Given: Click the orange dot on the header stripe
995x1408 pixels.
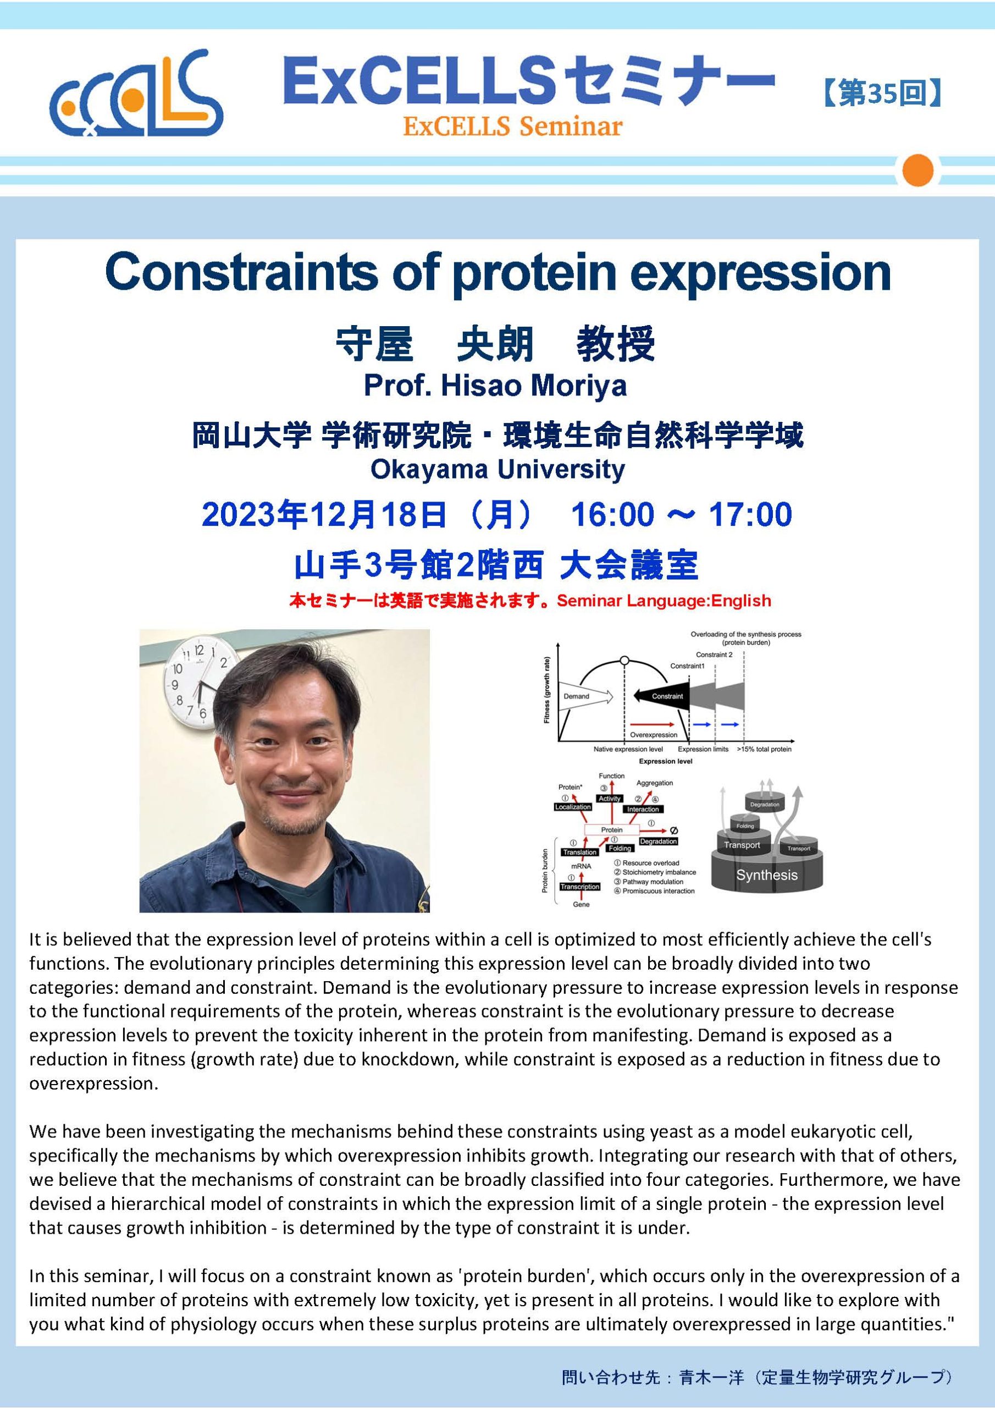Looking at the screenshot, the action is click(917, 169).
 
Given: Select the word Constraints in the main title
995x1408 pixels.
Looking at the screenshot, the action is click(241, 274).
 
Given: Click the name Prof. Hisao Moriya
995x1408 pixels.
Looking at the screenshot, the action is click(495, 385).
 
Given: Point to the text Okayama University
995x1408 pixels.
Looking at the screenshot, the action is click(497, 470).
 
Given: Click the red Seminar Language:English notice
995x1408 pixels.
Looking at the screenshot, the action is click(664, 601).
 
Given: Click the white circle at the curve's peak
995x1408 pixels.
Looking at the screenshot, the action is click(624, 661).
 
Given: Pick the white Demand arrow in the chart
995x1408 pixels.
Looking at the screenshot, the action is click(585, 696).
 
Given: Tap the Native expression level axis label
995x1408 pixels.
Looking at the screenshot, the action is click(620, 749).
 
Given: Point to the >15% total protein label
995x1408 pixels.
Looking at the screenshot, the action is click(764, 749).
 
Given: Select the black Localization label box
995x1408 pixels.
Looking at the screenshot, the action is click(573, 807).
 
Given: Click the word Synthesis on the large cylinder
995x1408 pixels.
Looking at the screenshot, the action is click(766, 875).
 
